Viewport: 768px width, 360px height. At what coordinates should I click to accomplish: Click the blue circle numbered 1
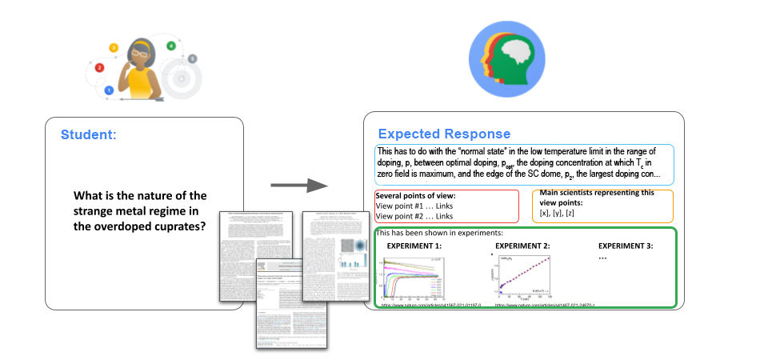(x=109, y=90)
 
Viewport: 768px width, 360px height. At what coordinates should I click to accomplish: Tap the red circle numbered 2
(x=99, y=68)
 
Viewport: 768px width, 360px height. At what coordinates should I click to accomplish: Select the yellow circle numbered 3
(x=114, y=48)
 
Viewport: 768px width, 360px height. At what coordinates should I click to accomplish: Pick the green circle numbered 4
(x=170, y=46)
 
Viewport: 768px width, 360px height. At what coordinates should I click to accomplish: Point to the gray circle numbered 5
(x=192, y=59)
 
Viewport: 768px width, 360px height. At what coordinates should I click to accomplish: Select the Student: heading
(x=88, y=134)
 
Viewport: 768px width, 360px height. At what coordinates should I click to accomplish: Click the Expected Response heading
(x=444, y=134)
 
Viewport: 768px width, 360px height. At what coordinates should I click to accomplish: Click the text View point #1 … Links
(x=414, y=206)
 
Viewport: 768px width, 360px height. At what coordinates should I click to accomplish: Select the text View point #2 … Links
(x=414, y=216)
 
